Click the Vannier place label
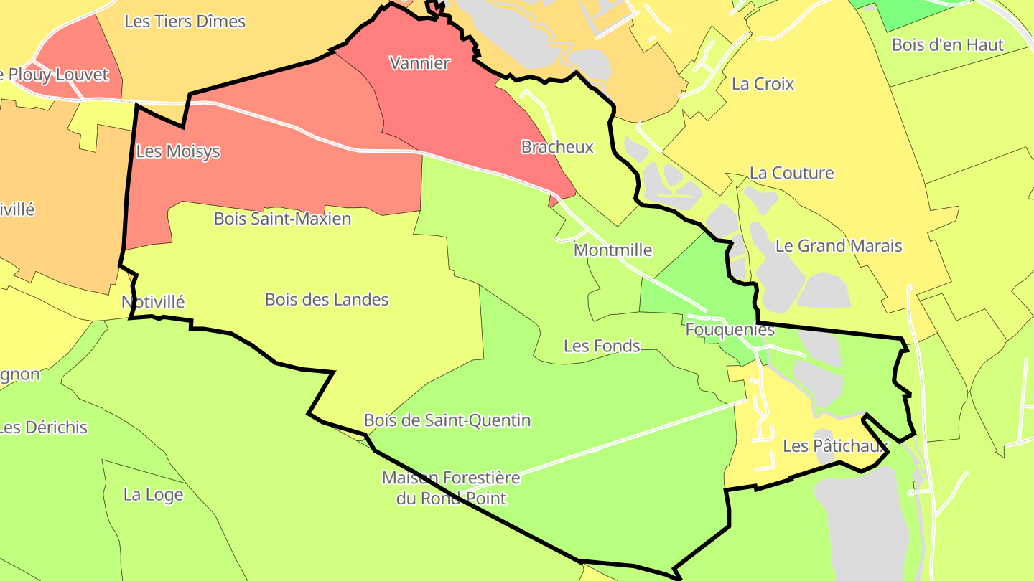420,63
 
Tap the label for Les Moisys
177,152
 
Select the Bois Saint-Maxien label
282,219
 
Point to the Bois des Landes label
327,300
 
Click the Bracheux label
557,148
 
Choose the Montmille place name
613,250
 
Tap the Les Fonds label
602,346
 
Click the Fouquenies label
730,330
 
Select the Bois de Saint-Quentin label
447,420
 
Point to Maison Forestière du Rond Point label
451,488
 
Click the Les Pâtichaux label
835,446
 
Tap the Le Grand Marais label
839,246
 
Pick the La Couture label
791,173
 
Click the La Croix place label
763,84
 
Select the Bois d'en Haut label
947,44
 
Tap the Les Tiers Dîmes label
185,22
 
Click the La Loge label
153,495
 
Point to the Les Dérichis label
43,428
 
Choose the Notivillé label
153,302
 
